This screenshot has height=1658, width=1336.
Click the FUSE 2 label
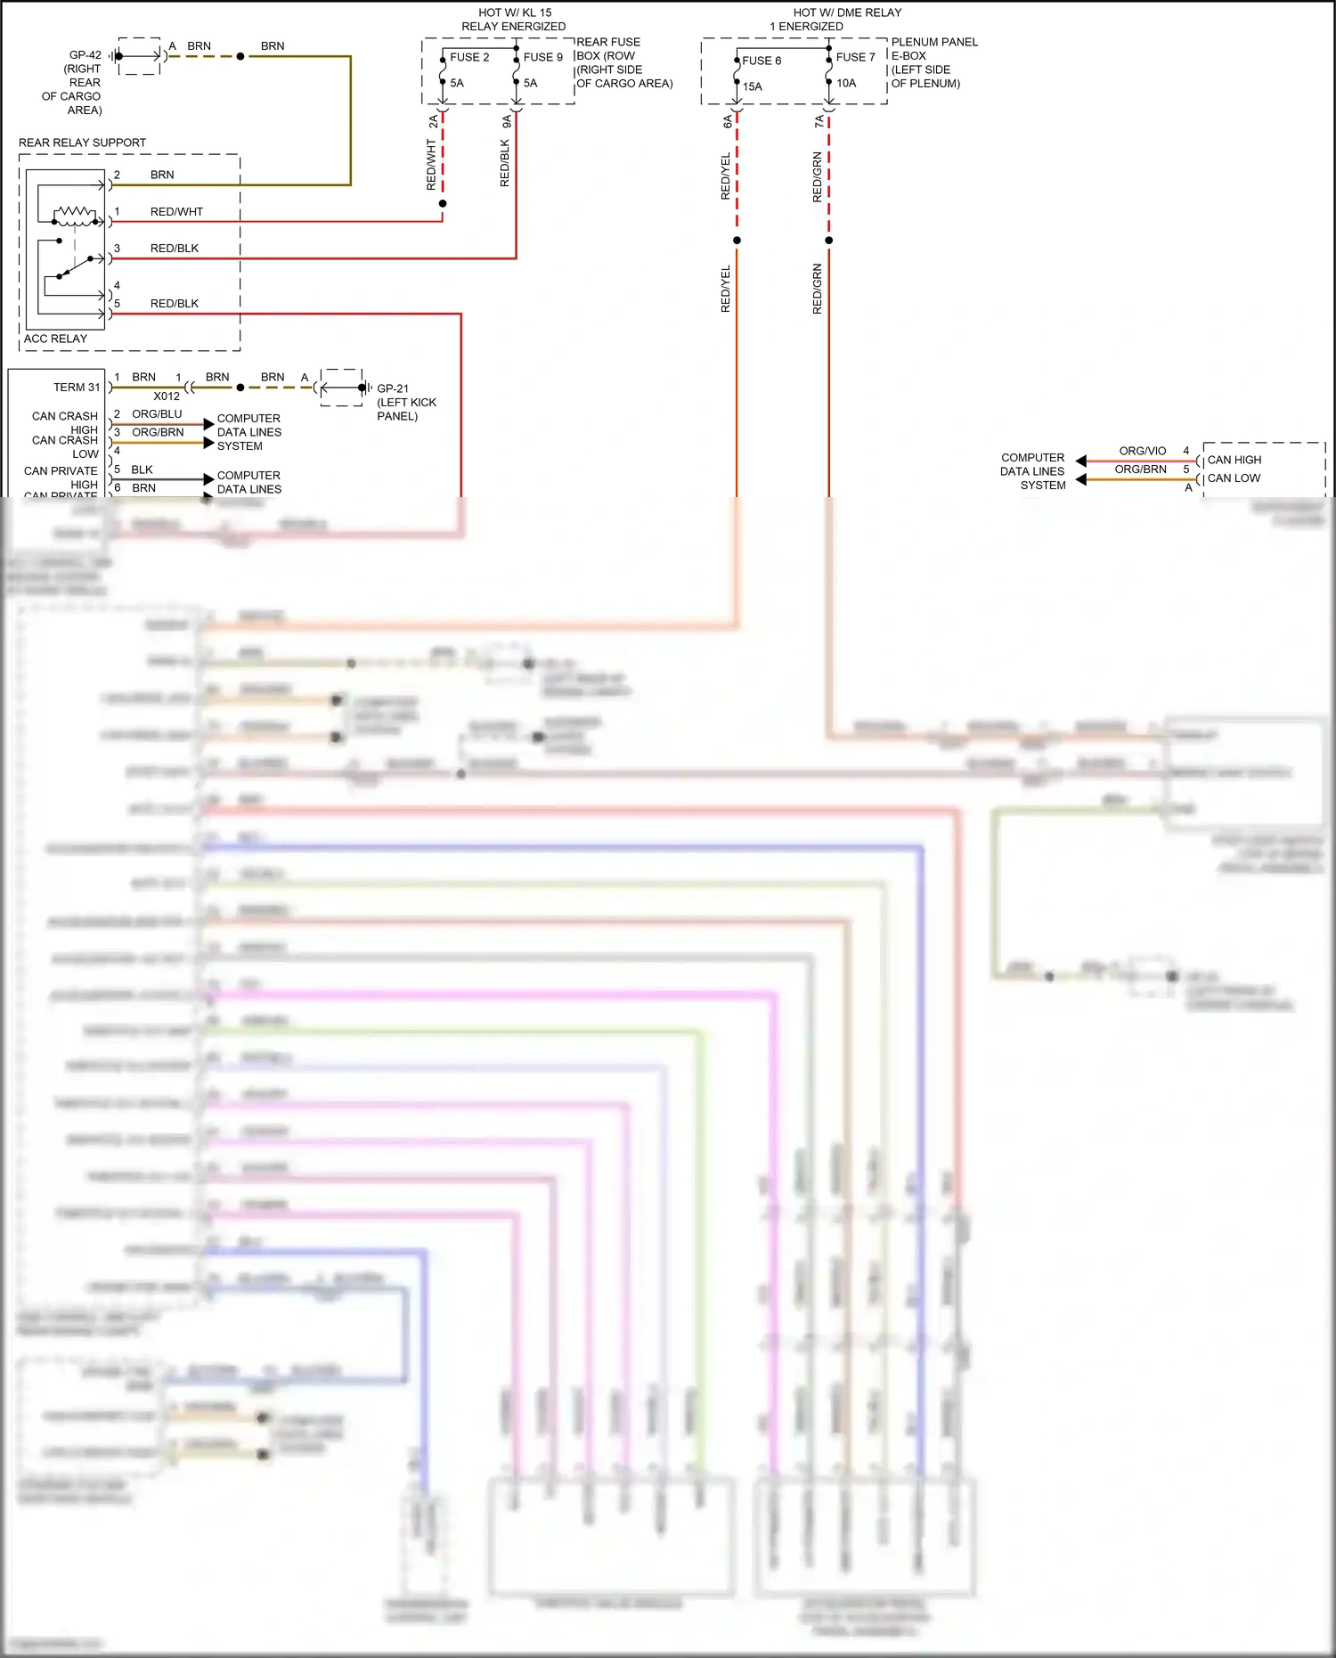coord(469,57)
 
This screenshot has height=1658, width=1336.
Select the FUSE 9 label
coord(542,57)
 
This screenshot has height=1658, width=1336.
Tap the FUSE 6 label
coord(762,61)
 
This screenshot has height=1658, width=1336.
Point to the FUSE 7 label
coord(855,57)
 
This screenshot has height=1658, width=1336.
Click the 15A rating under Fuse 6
coord(753,86)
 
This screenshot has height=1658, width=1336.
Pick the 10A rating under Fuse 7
coord(846,83)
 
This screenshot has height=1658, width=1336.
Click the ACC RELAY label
coord(55,339)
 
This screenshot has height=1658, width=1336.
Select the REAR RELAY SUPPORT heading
coord(82,143)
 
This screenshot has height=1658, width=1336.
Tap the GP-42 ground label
coord(86,55)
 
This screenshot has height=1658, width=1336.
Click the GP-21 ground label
coord(393,388)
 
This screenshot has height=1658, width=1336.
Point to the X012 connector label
coord(167,396)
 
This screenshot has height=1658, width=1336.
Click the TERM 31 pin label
coord(77,388)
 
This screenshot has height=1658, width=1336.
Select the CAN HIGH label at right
coord(1234,460)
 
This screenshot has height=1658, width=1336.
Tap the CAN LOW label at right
coord(1234,478)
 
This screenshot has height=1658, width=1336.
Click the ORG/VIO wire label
coord(1142,451)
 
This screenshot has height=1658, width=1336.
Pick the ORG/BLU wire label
coord(157,414)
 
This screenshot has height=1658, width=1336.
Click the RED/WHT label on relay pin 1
coord(176,212)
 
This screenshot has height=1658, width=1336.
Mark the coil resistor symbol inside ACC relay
coord(75,213)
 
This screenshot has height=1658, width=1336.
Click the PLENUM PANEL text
coord(933,42)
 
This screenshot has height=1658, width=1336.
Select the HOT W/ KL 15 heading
coord(515,12)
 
